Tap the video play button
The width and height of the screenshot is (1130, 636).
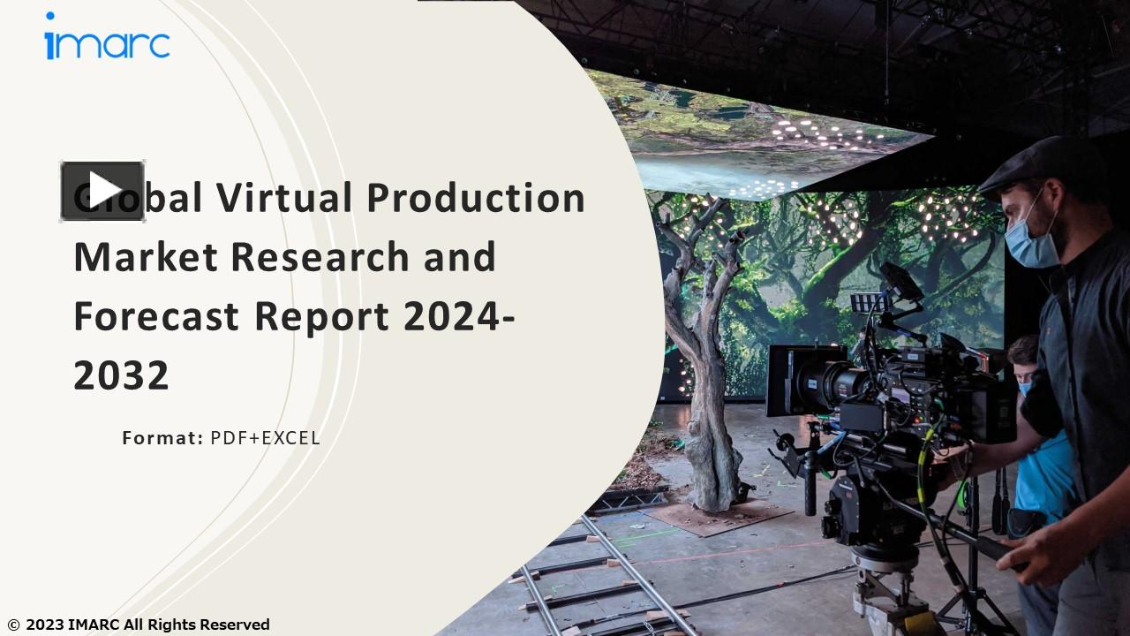[102, 191]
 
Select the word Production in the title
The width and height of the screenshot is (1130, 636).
[476, 197]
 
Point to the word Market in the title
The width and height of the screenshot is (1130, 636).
[146, 257]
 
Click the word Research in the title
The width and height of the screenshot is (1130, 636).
[320, 257]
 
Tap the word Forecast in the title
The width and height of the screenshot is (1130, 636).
[157, 316]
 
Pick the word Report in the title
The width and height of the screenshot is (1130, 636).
[321, 316]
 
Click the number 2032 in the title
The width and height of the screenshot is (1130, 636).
[121, 375]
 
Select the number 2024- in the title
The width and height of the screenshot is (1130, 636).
[460, 316]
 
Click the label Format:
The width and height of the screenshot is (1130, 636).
[162, 437]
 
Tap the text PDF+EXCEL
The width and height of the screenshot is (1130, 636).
[265, 437]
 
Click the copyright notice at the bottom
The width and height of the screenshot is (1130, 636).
[139, 625]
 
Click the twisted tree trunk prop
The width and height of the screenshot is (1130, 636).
[706, 371]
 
